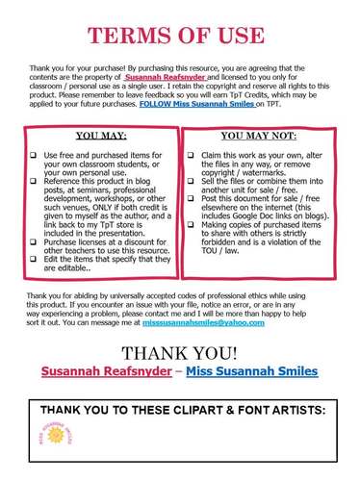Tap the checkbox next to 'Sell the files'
coord(191,182)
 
